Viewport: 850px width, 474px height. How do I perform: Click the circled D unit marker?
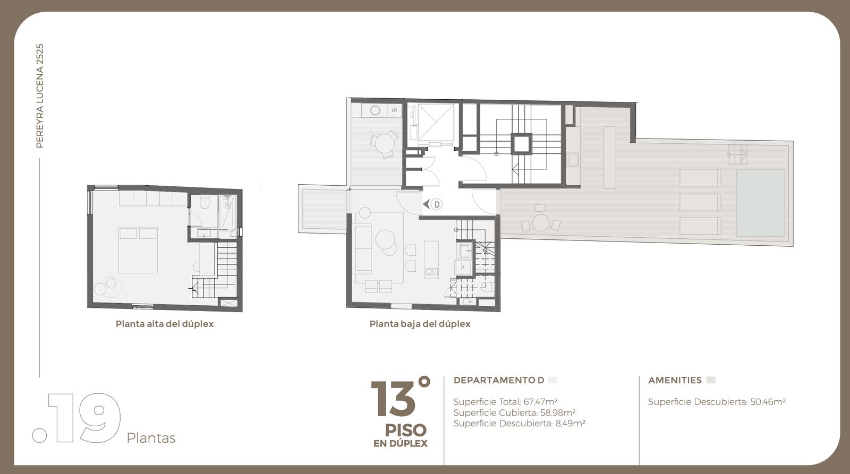437,205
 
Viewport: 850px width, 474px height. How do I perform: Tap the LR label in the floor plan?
394,110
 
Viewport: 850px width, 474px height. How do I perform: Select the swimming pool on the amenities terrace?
760,203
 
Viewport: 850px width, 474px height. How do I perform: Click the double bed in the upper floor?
138,251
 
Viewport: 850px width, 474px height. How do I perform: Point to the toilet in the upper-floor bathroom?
205,203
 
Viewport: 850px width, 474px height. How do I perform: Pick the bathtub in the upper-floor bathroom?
228,212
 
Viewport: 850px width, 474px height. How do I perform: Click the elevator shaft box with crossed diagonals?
436,122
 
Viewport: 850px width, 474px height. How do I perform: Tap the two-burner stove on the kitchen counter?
431,271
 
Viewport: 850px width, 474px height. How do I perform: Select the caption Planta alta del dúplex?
165,324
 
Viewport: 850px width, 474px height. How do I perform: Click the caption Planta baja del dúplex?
420,324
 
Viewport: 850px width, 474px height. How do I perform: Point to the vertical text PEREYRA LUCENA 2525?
40,96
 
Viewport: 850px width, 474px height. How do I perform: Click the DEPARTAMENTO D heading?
499,381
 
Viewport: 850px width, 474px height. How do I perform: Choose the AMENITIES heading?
675,381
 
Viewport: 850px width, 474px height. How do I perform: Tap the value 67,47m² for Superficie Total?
541,402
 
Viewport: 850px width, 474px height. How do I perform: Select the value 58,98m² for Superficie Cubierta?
558,412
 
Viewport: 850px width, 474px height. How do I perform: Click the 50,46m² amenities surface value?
768,402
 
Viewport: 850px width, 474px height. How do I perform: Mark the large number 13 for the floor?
394,399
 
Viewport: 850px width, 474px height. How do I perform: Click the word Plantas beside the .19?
151,438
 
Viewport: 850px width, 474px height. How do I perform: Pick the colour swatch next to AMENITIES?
711,380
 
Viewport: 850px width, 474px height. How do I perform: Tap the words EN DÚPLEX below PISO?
401,443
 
